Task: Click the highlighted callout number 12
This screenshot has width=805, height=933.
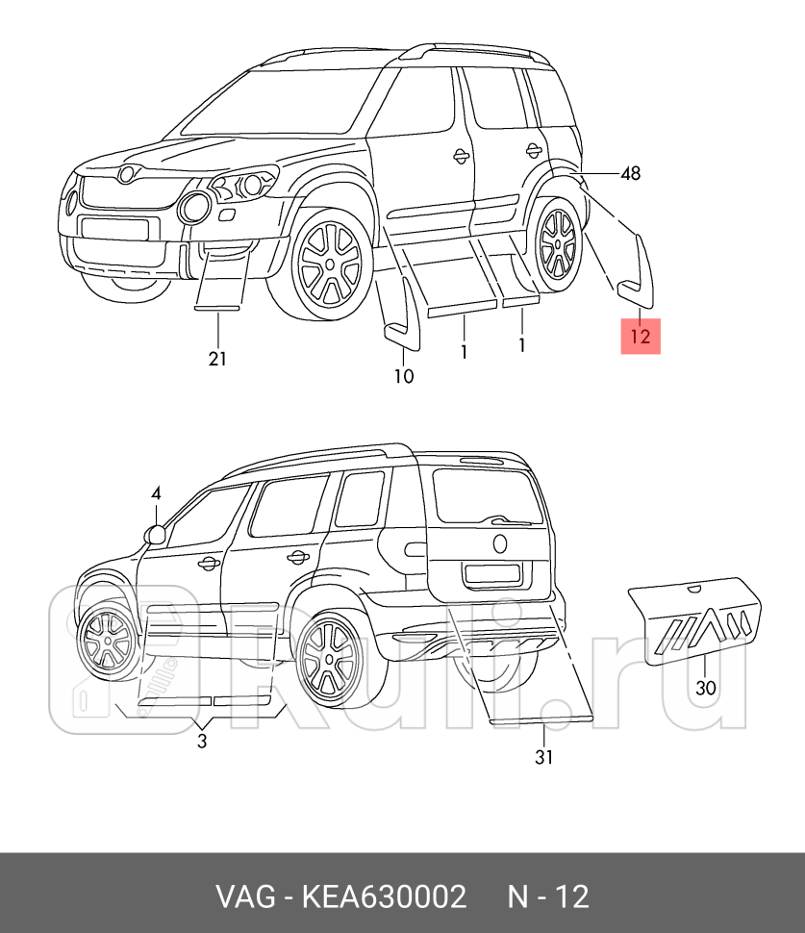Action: point(641,337)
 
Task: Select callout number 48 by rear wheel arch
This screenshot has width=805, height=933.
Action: point(630,174)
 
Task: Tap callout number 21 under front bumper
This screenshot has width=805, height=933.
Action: point(218,359)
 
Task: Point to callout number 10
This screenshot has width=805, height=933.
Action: point(403,376)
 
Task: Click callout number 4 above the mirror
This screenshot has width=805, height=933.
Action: point(157,493)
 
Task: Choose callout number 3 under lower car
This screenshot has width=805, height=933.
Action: point(202,741)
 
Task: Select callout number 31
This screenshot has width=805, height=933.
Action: point(543,757)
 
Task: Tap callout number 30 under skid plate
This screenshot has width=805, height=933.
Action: point(706,689)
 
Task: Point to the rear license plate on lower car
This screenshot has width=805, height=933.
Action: point(493,575)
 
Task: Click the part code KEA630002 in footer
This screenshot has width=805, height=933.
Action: point(385,896)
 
